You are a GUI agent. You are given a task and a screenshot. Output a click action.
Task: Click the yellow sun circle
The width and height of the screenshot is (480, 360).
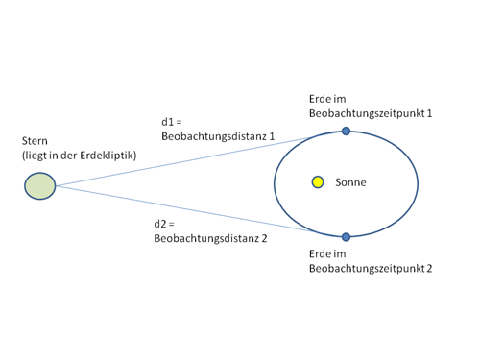click(x=318, y=182)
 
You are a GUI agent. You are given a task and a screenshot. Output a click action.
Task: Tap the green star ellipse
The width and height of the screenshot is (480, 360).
click(x=40, y=186)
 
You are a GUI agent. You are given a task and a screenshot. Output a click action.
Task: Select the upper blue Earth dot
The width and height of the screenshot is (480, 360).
click(x=346, y=131)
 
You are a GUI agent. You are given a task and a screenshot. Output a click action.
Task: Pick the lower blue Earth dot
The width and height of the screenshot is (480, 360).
click(x=346, y=237)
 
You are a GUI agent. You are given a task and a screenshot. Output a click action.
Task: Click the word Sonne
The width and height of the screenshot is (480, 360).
click(x=350, y=182)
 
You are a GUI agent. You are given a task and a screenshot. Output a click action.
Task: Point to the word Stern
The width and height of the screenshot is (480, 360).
click(x=35, y=141)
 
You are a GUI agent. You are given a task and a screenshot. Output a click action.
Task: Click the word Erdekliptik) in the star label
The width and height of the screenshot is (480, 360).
click(x=108, y=156)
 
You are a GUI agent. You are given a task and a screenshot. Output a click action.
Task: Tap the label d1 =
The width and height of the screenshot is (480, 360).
click(x=172, y=122)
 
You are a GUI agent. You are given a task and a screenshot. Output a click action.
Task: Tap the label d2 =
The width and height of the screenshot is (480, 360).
click(x=164, y=224)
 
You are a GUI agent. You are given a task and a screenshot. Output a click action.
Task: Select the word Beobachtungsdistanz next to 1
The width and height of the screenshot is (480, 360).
click(x=214, y=136)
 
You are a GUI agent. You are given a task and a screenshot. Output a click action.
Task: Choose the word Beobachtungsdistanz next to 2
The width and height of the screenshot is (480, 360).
click(x=206, y=238)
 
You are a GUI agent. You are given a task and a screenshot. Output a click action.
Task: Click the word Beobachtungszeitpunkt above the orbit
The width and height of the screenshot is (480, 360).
click(x=367, y=113)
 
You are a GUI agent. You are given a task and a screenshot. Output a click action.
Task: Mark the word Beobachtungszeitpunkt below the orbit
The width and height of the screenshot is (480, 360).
click(x=367, y=269)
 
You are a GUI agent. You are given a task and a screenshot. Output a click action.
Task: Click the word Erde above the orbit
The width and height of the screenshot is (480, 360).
click(x=320, y=99)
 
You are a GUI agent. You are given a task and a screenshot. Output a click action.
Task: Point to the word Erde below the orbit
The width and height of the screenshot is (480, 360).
click(x=320, y=254)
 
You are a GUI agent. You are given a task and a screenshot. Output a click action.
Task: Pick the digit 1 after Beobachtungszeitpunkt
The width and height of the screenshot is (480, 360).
click(x=429, y=113)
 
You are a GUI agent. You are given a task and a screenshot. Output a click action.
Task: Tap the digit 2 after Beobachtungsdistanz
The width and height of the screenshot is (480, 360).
click(x=264, y=238)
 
